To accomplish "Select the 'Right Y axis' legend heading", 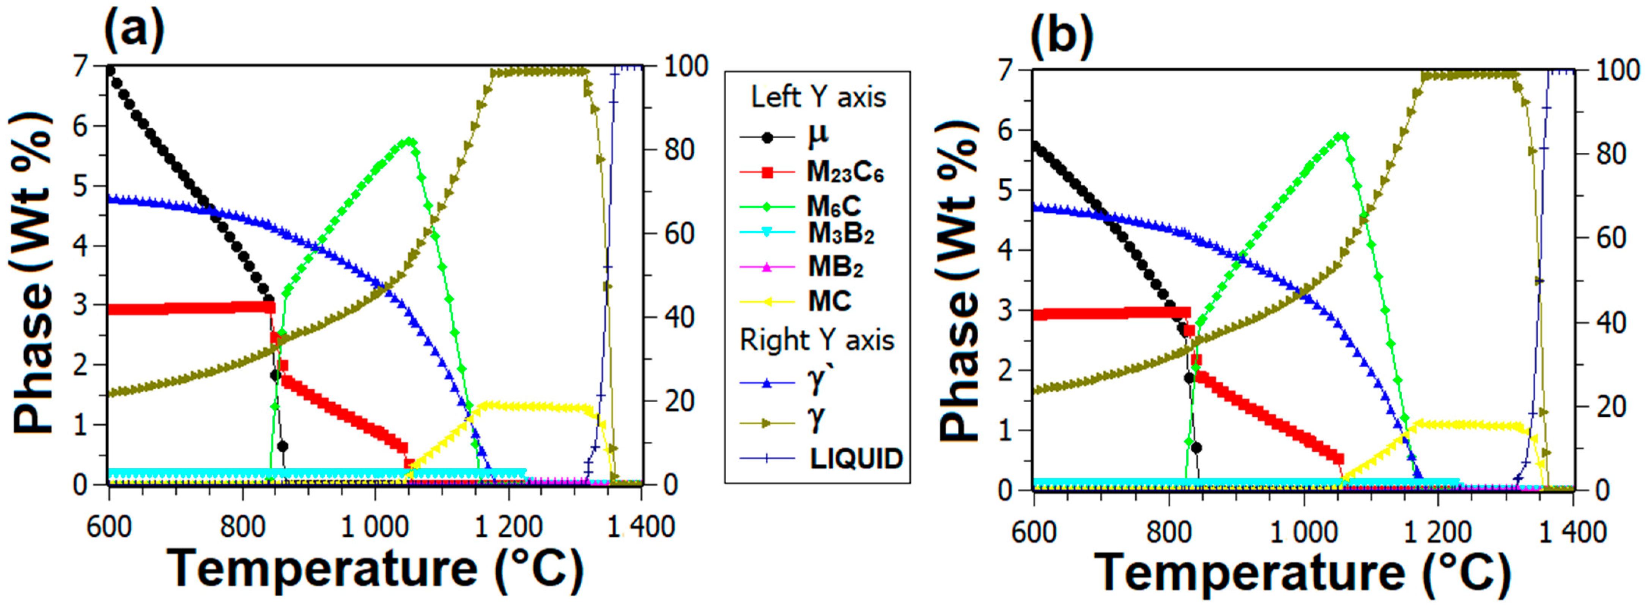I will coord(817,340).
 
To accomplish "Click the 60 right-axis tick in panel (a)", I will coord(679,234).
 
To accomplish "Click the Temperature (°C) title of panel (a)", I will coord(376,568).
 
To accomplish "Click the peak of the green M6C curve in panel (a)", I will coord(409,141).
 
